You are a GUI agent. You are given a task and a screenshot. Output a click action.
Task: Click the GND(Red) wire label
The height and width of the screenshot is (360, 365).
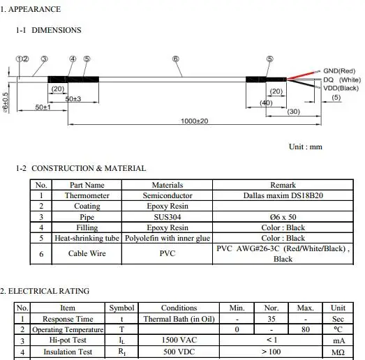[339, 70]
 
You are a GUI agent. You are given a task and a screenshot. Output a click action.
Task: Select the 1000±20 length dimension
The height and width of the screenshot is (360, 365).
[194, 121]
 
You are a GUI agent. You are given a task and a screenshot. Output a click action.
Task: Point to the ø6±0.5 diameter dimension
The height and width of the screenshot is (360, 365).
[6, 102]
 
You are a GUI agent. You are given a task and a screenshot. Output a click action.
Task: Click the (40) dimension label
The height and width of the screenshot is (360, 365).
[266, 103]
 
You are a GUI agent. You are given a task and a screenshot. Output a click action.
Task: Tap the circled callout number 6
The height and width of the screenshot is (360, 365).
[175, 59]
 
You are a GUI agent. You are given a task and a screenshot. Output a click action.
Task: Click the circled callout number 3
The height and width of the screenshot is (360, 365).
[44, 59]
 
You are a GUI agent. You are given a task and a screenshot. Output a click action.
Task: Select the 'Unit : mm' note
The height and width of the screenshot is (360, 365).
[305, 147]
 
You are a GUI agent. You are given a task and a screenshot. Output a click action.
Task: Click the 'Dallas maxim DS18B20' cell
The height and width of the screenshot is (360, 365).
[283, 196]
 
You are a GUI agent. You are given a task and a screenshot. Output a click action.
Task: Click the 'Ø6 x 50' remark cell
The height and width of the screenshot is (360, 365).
[283, 217]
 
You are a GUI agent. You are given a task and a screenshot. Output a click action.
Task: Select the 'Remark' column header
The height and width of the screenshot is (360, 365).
[283, 185]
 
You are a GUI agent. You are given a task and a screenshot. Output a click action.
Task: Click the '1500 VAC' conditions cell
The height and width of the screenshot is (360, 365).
[179, 340]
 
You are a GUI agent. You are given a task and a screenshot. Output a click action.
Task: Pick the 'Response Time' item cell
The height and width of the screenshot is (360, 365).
[68, 319]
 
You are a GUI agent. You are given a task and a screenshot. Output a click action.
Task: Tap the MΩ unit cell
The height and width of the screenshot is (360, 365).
[338, 352]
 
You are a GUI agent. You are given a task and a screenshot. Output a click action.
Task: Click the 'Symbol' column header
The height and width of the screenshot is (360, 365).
[121, 308]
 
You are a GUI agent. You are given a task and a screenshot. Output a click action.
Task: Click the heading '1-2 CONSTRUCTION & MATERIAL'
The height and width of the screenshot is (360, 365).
[81, 168]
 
